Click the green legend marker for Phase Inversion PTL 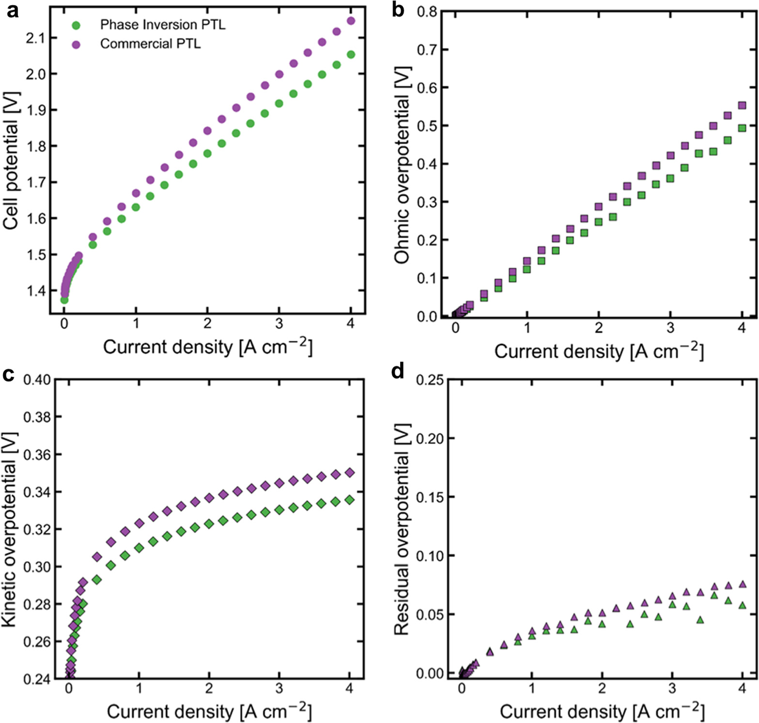click(x=76, y=25)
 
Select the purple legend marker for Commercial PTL click(x=76, y=45)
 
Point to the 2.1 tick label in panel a click(x=35, y=38)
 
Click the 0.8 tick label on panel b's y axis click(x=426, y=12)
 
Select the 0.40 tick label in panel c click(x=37, y=379)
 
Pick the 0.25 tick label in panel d click(x=430, y=380)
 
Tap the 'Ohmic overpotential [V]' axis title click(x=402, y=165)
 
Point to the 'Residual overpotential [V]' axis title click(x=402, y=529)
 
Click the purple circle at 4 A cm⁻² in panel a click(x=351, y=21)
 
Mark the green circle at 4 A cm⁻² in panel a click(x=351, y=55)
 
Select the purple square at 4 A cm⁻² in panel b click(x=742, y=106)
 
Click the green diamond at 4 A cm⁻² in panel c click(x=349, y=500)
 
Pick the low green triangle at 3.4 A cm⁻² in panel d click(x=700, y=620)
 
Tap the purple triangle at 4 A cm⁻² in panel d click(x=742, y=585)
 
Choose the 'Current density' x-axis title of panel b click(x=599, y=351)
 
